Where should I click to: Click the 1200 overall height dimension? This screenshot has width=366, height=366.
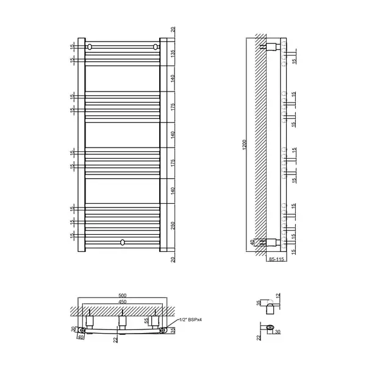coord(245,145)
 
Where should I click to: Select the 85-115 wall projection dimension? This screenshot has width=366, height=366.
coord(276,259)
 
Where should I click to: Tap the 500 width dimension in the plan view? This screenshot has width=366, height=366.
coord(123,295)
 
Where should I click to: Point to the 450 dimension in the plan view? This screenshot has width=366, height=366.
coord(123,301)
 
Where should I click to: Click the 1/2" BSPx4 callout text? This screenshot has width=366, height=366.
coord(190,320)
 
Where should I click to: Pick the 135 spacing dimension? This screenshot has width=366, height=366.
coord(173,54)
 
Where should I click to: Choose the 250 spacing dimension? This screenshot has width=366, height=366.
coord(173,226)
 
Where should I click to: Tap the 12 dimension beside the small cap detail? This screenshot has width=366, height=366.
coord(278,296)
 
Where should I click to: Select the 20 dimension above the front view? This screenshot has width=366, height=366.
coord(173,30)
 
